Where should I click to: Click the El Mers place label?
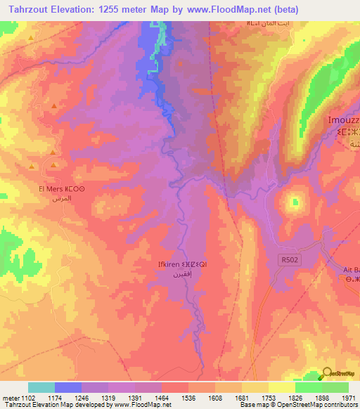(x=62, y=189)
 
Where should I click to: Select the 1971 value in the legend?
(x=347, y=397)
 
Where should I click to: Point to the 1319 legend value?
(x=108, y=397)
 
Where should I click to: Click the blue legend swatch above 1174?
(x=68, y=387)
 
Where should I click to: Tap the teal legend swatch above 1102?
(x=41, y=387)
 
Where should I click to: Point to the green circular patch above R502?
(x=293, y=202)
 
